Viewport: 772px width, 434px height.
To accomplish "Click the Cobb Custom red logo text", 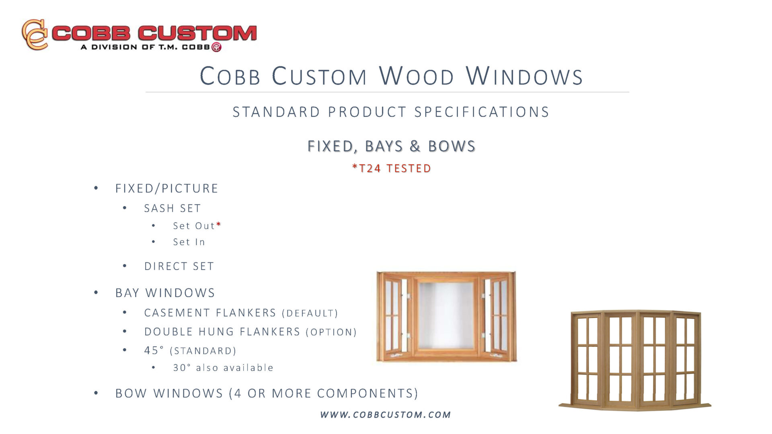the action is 154,33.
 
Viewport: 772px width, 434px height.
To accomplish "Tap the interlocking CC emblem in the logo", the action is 35,35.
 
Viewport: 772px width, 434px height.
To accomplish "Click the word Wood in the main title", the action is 417,76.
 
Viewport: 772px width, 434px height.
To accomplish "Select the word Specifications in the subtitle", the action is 482,112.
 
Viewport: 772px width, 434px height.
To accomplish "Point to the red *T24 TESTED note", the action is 392,168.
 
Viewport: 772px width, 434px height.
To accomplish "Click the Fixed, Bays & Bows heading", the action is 392,146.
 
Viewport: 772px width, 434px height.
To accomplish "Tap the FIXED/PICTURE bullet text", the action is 167,188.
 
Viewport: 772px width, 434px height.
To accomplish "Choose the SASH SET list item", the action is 172,208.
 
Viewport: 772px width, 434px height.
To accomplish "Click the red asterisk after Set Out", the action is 218,224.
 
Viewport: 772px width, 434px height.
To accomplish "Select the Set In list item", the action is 189,242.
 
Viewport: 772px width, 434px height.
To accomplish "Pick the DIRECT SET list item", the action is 179,266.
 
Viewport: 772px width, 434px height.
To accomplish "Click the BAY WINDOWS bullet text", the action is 165,293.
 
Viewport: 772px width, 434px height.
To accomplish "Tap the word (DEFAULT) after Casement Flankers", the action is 310,313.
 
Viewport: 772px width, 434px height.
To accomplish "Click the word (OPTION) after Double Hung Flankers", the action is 331,332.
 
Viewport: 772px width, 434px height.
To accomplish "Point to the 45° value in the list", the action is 154,350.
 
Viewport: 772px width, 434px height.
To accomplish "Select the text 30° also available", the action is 223,368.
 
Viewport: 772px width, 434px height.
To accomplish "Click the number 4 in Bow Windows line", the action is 238,393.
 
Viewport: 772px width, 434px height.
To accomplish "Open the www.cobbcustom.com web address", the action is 386,414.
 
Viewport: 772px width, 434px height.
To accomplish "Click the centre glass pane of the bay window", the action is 446,315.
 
